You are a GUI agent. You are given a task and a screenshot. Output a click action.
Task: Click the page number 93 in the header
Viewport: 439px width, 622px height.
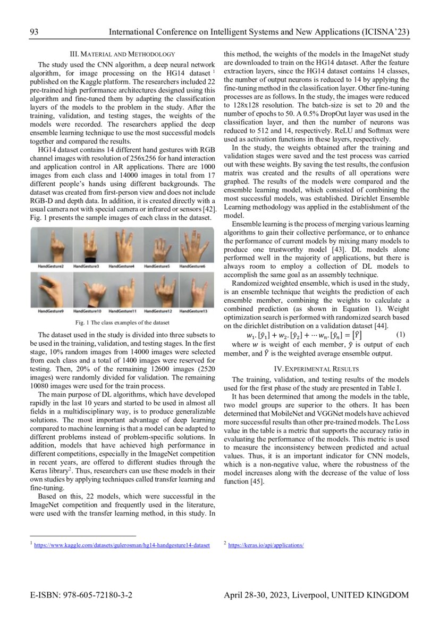coord(34,32)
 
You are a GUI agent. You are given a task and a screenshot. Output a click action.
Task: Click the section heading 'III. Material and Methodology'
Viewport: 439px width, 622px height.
coord(123,54)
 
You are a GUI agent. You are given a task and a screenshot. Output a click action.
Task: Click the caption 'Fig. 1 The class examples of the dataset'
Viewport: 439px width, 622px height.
coord(122,323)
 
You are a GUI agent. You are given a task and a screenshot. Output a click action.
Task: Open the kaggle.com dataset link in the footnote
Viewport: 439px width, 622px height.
coord(122,545)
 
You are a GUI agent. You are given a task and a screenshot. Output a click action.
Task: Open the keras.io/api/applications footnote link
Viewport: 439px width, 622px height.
coord(266,545)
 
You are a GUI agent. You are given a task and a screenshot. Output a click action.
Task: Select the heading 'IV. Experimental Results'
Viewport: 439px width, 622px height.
coord(316,368)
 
